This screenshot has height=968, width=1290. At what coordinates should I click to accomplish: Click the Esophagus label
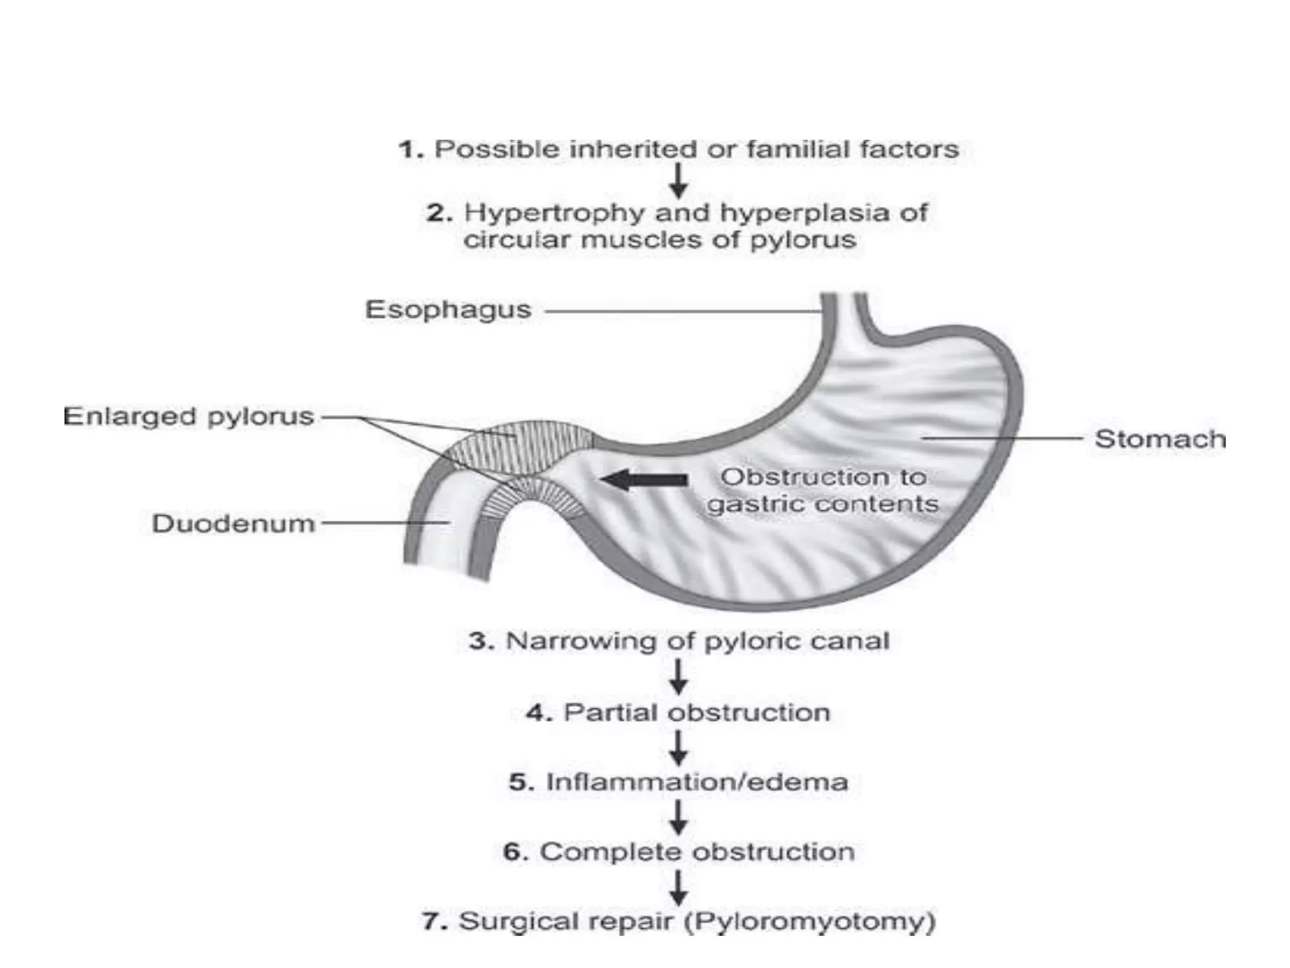coord(448,310)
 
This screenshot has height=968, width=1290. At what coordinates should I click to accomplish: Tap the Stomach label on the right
coord(1160,439)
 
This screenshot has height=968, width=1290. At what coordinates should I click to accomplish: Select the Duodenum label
coord(233,524)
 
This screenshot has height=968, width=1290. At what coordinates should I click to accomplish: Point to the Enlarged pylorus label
coord(188,417)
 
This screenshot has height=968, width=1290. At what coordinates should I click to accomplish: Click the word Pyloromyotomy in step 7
coord(810,921)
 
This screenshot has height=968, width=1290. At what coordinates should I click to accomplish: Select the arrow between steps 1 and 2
coord(678,181)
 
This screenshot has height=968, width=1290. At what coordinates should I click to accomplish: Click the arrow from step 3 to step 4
coord(678,677)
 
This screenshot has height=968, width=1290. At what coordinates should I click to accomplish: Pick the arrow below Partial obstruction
coord(678,747)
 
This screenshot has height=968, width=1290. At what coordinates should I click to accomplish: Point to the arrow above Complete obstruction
coord(678,817)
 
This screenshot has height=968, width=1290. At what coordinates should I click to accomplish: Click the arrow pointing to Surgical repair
coord(678,887)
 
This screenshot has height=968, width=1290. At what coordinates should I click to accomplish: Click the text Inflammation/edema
coord(697,782)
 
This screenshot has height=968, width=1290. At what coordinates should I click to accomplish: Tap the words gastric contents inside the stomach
coord(823,504)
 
